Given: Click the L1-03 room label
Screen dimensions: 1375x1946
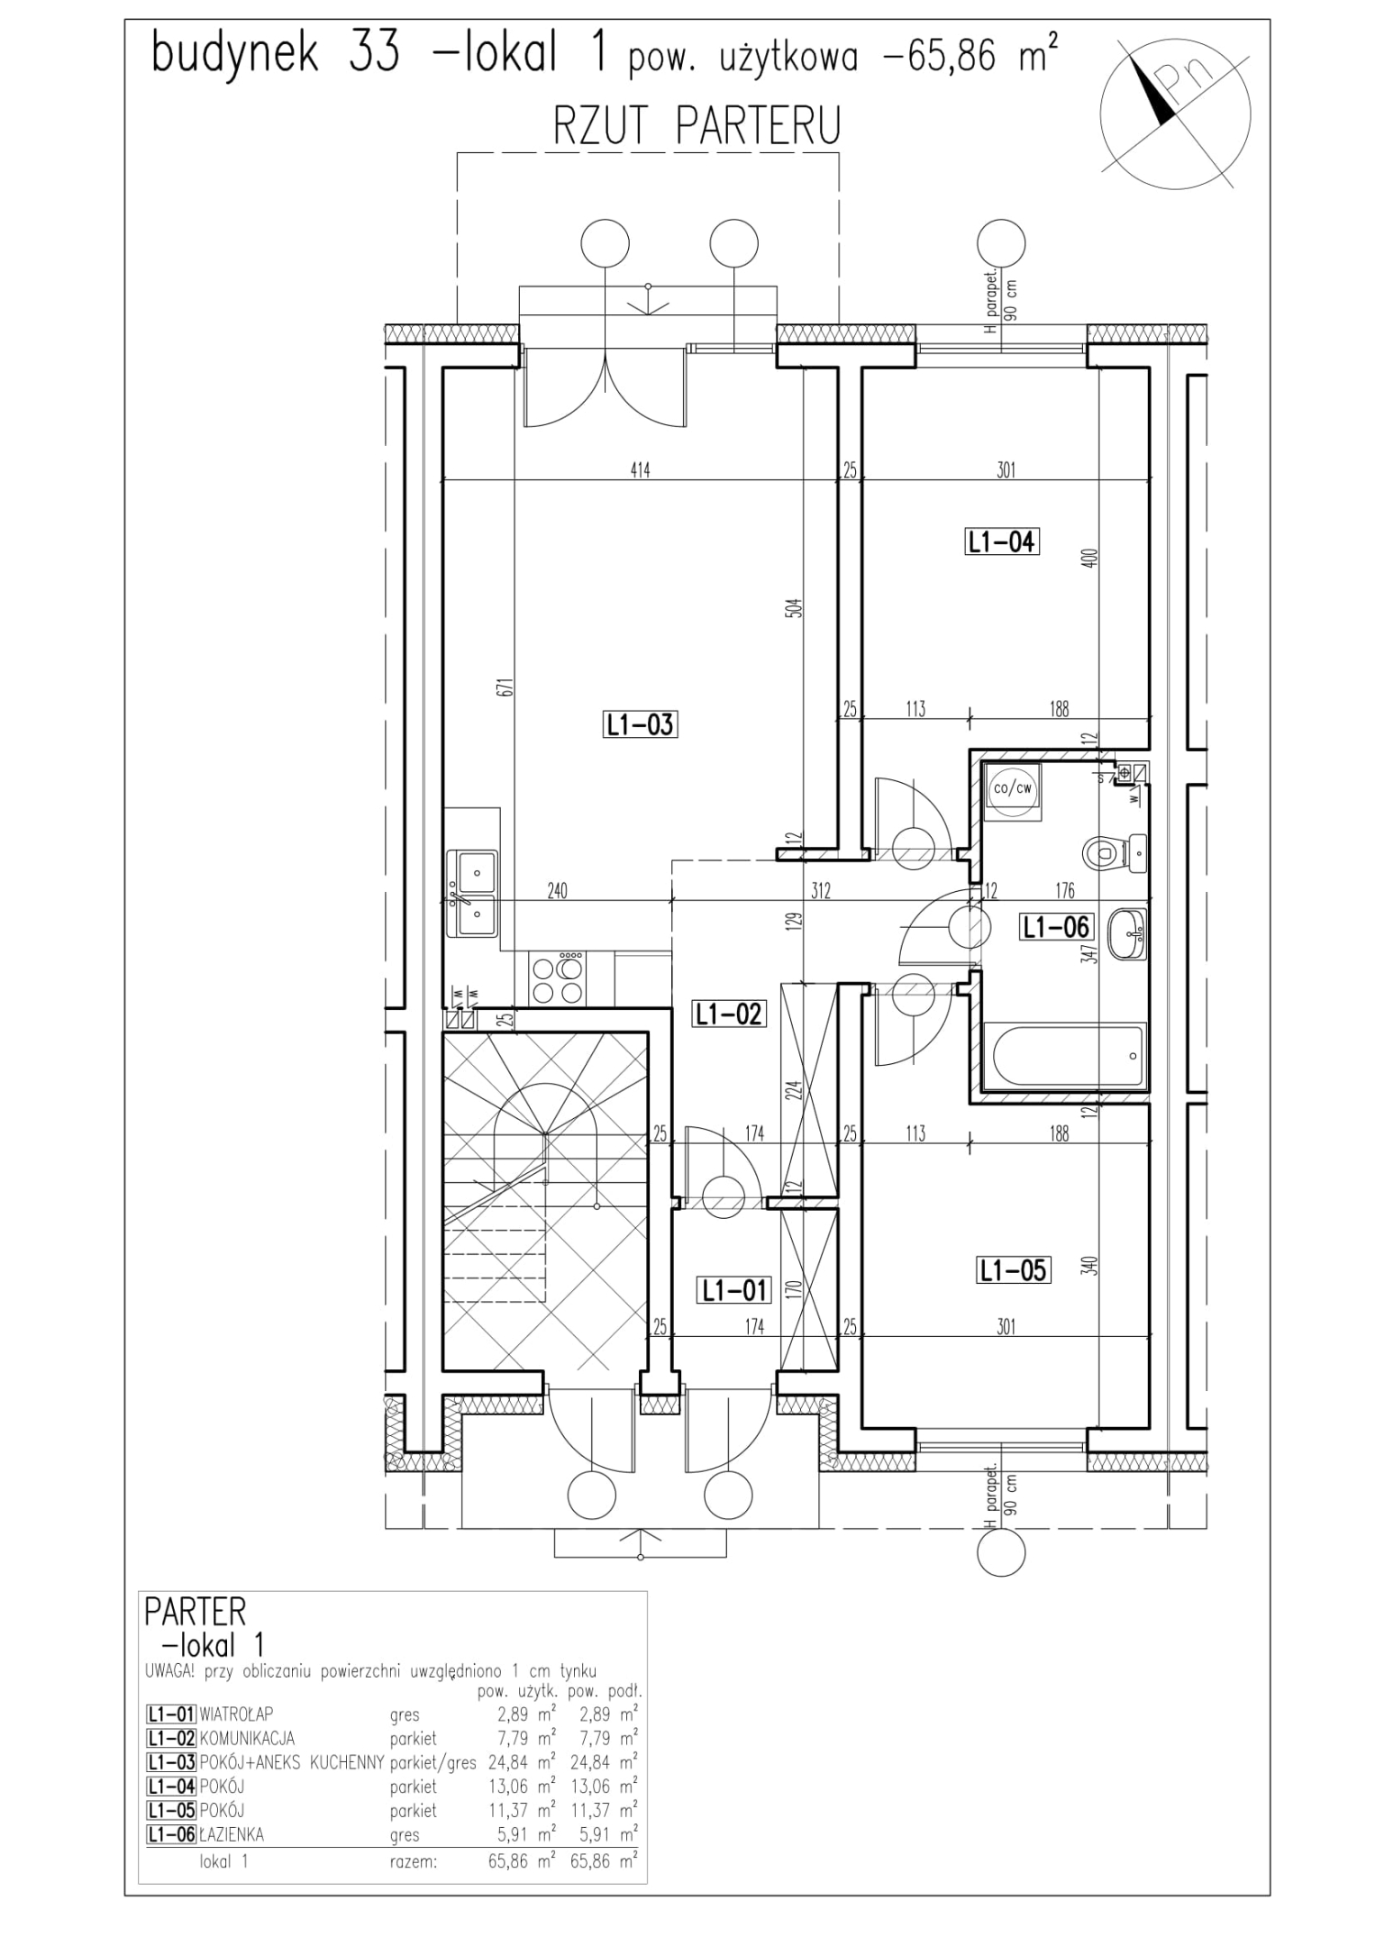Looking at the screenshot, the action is [639, 724].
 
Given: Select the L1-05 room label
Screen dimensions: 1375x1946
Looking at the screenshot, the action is [1014, 1270].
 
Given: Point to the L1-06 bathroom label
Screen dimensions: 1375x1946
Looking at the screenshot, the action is [1056, 927].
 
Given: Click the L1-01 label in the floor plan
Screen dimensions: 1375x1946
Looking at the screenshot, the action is [735, 1290].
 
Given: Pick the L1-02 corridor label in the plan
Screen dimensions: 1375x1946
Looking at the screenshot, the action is [729, 1014].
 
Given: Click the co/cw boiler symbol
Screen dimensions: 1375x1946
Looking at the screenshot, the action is [1013, 790].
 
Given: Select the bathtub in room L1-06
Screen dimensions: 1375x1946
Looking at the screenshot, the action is [1063, 1056].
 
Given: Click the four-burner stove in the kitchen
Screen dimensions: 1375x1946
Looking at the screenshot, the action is [557, 978].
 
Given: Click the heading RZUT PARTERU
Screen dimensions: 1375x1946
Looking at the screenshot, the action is [697, 125].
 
